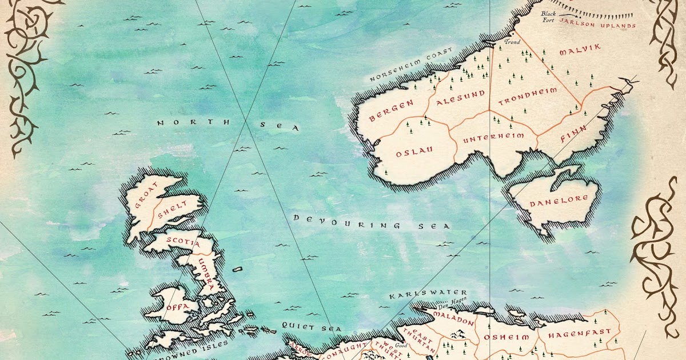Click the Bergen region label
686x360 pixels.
pyautogui.click(x=391, y=111)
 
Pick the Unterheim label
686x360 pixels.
pyautogui.click(x=489, y=139)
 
